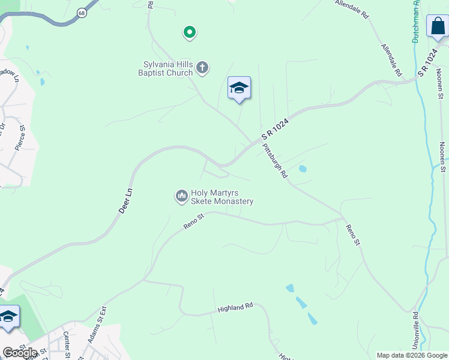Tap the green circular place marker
[189, 32]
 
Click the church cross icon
[202, 67]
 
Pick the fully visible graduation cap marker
[239, 88]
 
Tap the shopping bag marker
[438, 26]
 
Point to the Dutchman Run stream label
[415, 22]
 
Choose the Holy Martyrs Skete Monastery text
[221, 197]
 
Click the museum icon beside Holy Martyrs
[181, 196]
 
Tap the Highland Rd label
[235, 308]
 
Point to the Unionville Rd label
[415, 330]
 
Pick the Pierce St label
[20, 137]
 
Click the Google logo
[20, 352]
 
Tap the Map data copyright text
[411, 355]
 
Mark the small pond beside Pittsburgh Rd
[302, 169]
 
